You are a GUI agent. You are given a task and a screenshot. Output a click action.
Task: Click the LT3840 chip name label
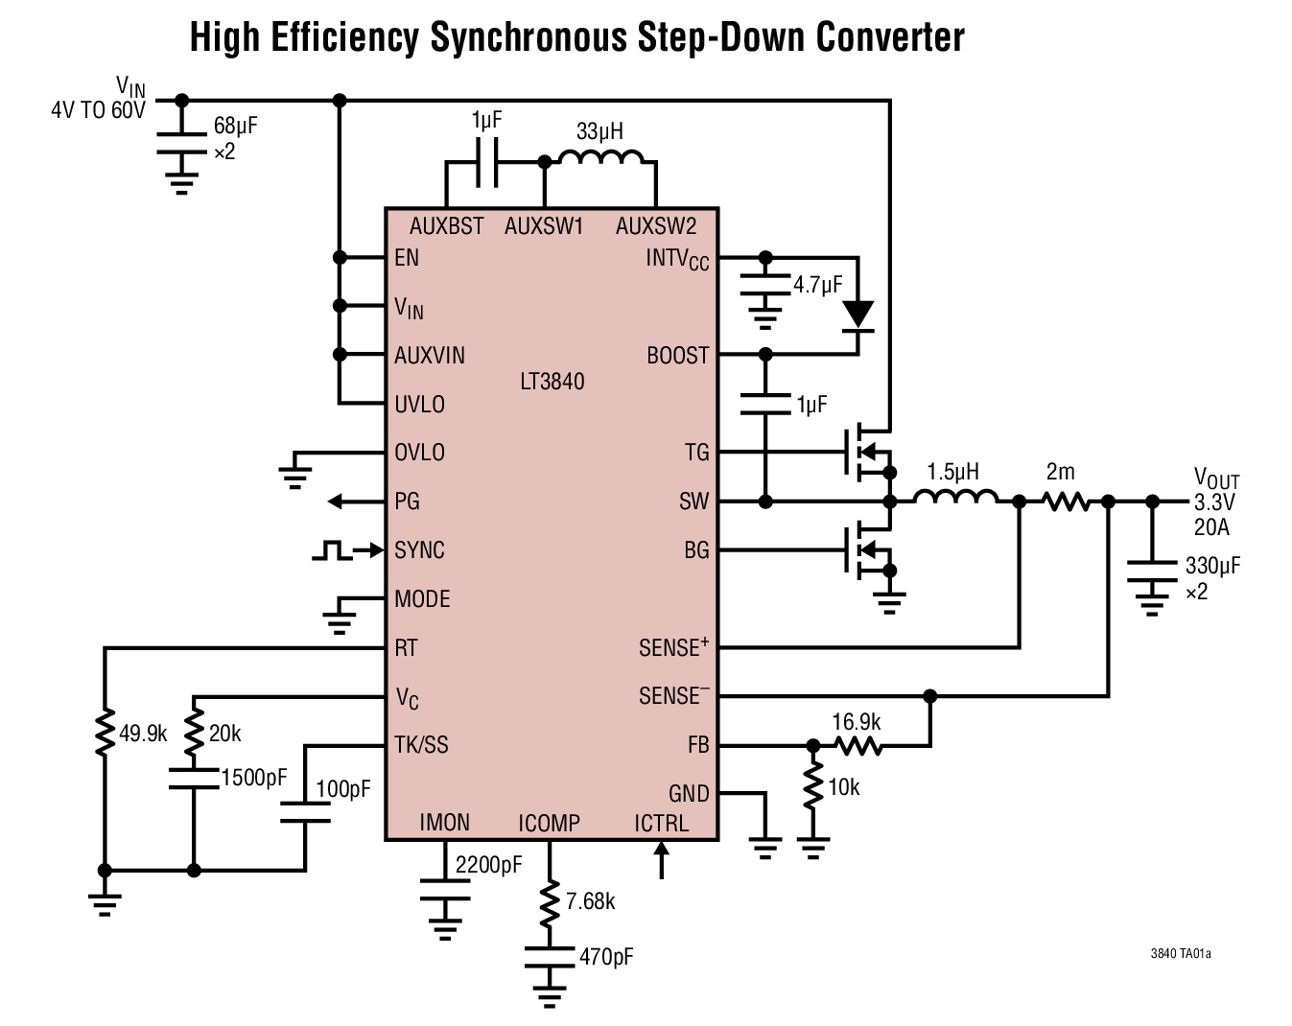[x=552, y=382]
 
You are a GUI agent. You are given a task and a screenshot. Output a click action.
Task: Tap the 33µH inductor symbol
[x=601, y=158]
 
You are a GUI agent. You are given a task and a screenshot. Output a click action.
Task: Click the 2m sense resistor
[x=1065, y=501]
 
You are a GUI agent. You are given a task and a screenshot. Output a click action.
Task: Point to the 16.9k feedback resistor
[x=857, y=745]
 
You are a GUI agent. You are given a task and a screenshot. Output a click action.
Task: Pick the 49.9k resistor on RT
[x=105, y=734]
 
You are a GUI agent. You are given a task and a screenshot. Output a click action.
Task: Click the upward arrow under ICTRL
[x=661, y=860]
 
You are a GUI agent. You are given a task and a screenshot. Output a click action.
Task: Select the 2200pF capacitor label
[x=488, y=865]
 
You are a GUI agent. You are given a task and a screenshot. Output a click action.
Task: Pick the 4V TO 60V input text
[x=98, y=110]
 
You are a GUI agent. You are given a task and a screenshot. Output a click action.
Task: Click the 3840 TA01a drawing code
[x=1180, y=954]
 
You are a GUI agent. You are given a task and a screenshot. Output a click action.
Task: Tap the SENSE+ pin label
[x=673, y=648]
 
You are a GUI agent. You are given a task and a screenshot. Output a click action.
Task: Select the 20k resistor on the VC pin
[x=194, y=734]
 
